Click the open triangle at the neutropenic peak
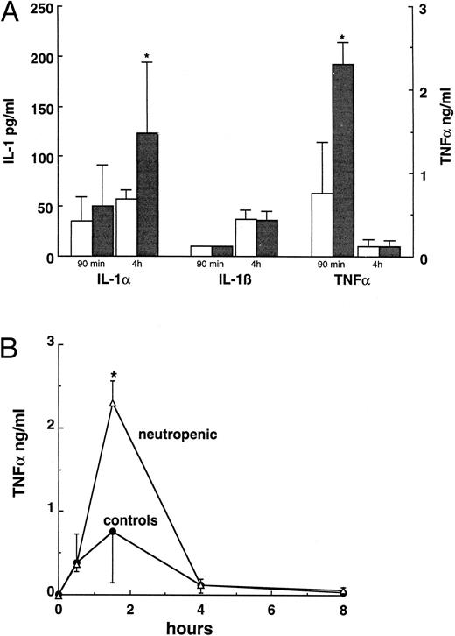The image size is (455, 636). click(113, 403)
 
